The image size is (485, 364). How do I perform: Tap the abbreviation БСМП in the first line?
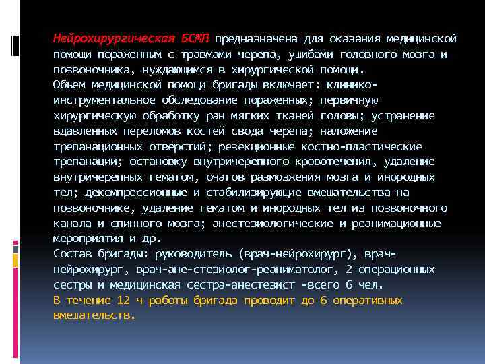pyautogui.click(x=195, y=38)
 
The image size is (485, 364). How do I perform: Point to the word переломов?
pyautogui.click(x=150, y=131)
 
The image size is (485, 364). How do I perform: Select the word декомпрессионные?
pyautogui.click(x=130, y=193)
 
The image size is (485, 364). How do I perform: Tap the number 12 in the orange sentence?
pyautogui.click(x=122, y=301)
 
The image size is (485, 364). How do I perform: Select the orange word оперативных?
pyautogui.click(x=368, y=301)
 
